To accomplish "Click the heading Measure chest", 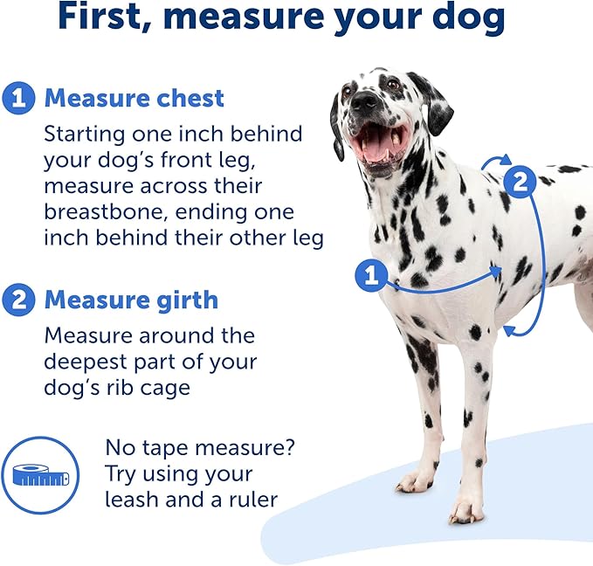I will [x=134, y=97].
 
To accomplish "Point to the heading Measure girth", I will [x=131, y=300].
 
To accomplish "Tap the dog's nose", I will [x=365, y=102].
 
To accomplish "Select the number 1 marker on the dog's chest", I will [x=371, y=277].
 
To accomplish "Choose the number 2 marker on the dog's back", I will [x=521, y=183].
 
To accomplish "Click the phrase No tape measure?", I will [x=200, y=448].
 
